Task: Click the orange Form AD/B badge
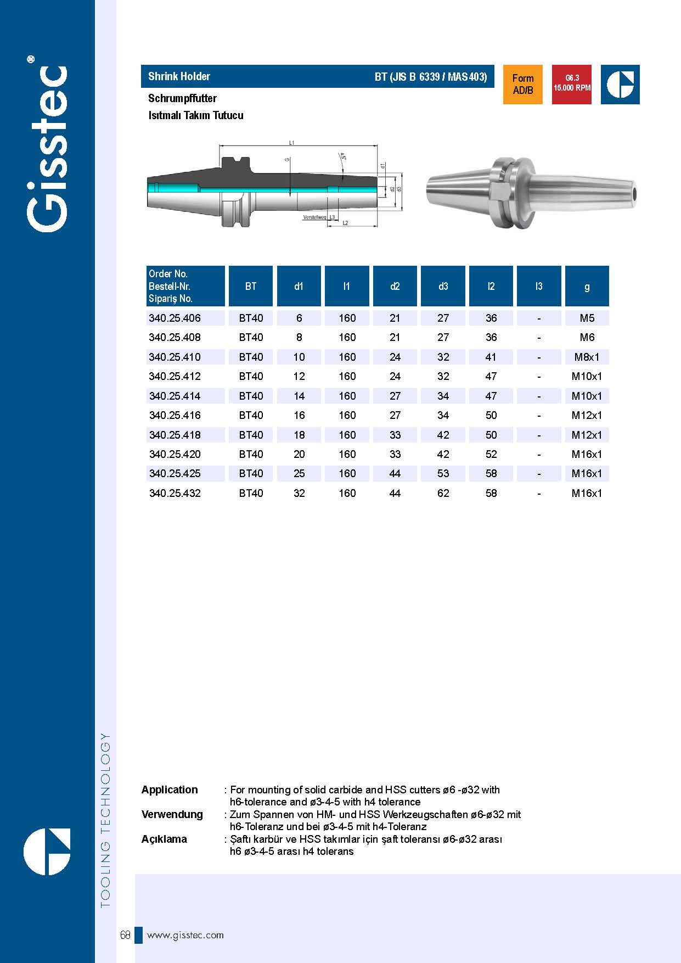[522, 84]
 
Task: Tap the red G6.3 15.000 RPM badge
[572, 84]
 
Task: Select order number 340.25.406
[175, 318]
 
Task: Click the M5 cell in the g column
[587, 318]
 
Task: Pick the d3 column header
[443, 286]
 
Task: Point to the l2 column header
[491, 286]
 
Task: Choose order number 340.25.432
[175, 493]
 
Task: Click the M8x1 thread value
[587, 357]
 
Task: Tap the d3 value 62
[443, 493]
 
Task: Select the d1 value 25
[299, 473]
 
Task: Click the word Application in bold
[170, 790]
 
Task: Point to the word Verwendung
[172, 814]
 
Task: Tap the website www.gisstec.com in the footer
[185, 935]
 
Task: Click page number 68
[125, 935]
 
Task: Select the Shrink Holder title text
[179, 76]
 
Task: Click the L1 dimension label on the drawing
[292, 143]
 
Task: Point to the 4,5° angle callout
[343, 156]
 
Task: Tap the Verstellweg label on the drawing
[314, 217]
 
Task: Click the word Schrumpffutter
[182, 98]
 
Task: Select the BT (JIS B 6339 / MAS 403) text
[431, 76]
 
